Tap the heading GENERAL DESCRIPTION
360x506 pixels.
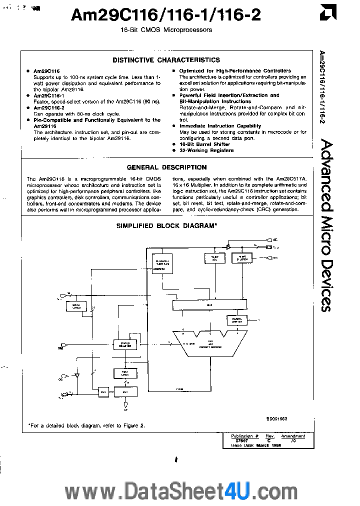click(x=166, y=167)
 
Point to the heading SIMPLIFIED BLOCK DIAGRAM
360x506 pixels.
click(x=166, y=226)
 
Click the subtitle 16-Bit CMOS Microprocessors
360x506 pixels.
click(x=166, y=30)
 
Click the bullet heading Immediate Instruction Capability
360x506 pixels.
click(x=220, y=126)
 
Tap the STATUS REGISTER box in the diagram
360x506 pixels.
click(x=125, y=344)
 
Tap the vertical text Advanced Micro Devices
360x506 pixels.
click(x=325, y=225)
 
